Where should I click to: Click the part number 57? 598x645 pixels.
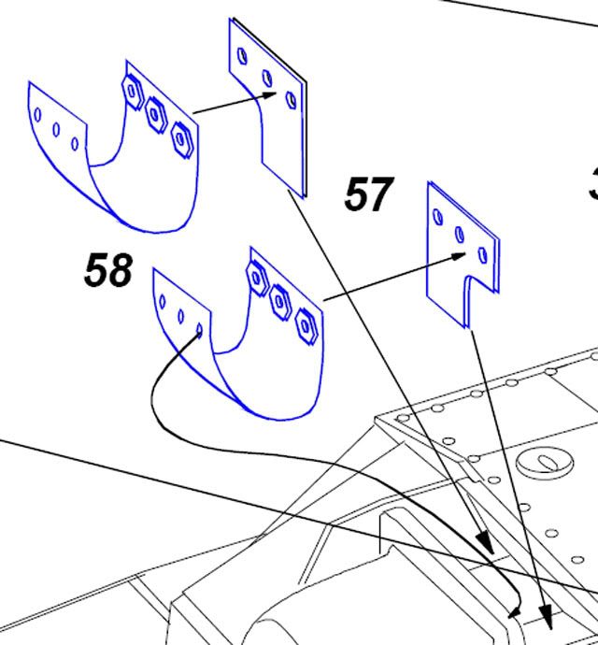[x=368, y=195]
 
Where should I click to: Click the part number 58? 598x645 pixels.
[x=108, y=271]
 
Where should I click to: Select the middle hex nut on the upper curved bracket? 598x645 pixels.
[x=156, y=114]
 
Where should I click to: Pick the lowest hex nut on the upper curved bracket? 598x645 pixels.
[x=182, y=137]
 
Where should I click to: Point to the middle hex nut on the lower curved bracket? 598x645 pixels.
[x=278, y=300]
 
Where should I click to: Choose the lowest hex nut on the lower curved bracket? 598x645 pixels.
[x=304, y=324]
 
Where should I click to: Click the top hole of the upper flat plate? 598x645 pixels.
[x=243, y=56]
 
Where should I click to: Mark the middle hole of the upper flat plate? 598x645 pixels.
[x=267, y=77]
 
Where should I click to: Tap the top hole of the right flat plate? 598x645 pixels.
[x=438, y=216]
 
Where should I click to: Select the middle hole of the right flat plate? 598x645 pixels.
[x=459, y=234]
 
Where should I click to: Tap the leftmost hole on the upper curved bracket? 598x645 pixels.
[x=38, y=114]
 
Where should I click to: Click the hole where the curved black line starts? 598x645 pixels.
[x=200, y=329]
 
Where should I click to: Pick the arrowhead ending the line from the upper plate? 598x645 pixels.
[x=484, y=546]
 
